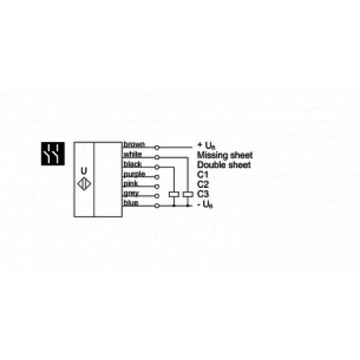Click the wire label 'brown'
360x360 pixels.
tap(135, 144)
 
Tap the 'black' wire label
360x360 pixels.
tap(133, 164)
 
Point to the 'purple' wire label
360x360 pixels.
tap(135, 174)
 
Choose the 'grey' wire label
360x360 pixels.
tap(132, 194)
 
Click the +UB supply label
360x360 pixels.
tap(204, 145)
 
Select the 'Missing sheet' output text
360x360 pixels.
tap(224, 154)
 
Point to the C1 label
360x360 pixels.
tap(202, 174)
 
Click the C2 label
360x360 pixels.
tap(202, 184)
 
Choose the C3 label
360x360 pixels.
tap(202, 194)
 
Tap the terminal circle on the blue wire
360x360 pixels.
tap(157, 204)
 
